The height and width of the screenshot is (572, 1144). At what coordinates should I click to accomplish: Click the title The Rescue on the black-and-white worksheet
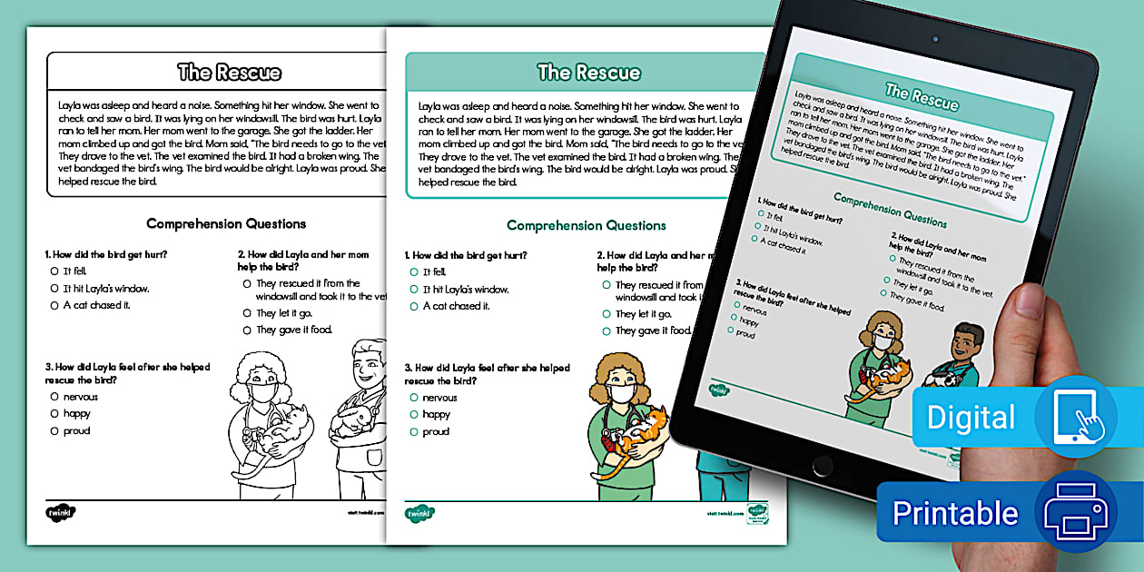tap(229, 73)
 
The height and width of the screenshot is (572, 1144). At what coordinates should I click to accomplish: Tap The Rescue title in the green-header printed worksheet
tap(588, 73)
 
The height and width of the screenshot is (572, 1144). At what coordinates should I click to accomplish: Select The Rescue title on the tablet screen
tap(922, 94)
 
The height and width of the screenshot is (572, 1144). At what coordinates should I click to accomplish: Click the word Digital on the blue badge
tap(971, 418)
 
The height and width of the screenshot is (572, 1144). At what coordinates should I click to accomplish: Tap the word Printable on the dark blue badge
tap(954, 513)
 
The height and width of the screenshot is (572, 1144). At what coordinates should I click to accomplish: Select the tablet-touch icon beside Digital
tap(1075, 416)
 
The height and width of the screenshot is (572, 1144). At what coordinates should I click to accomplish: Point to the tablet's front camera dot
tap(934, 40)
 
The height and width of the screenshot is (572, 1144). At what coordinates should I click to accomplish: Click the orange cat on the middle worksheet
tap(635, 433)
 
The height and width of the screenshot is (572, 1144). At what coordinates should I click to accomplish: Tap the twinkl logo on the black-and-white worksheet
tap(61, 512)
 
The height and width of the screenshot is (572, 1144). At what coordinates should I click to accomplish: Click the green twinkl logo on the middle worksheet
tap(420, 513)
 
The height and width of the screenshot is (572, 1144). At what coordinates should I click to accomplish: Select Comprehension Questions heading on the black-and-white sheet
tap(226, 223)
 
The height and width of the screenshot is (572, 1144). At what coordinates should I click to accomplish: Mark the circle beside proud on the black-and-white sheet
tap(54, 431)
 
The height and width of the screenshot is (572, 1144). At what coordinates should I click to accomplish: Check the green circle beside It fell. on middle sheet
tap(414, 272)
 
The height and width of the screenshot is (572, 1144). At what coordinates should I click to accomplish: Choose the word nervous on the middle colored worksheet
tap(439, 398)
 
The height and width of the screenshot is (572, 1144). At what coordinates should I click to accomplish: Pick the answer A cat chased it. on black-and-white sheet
tap(96, 305)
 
